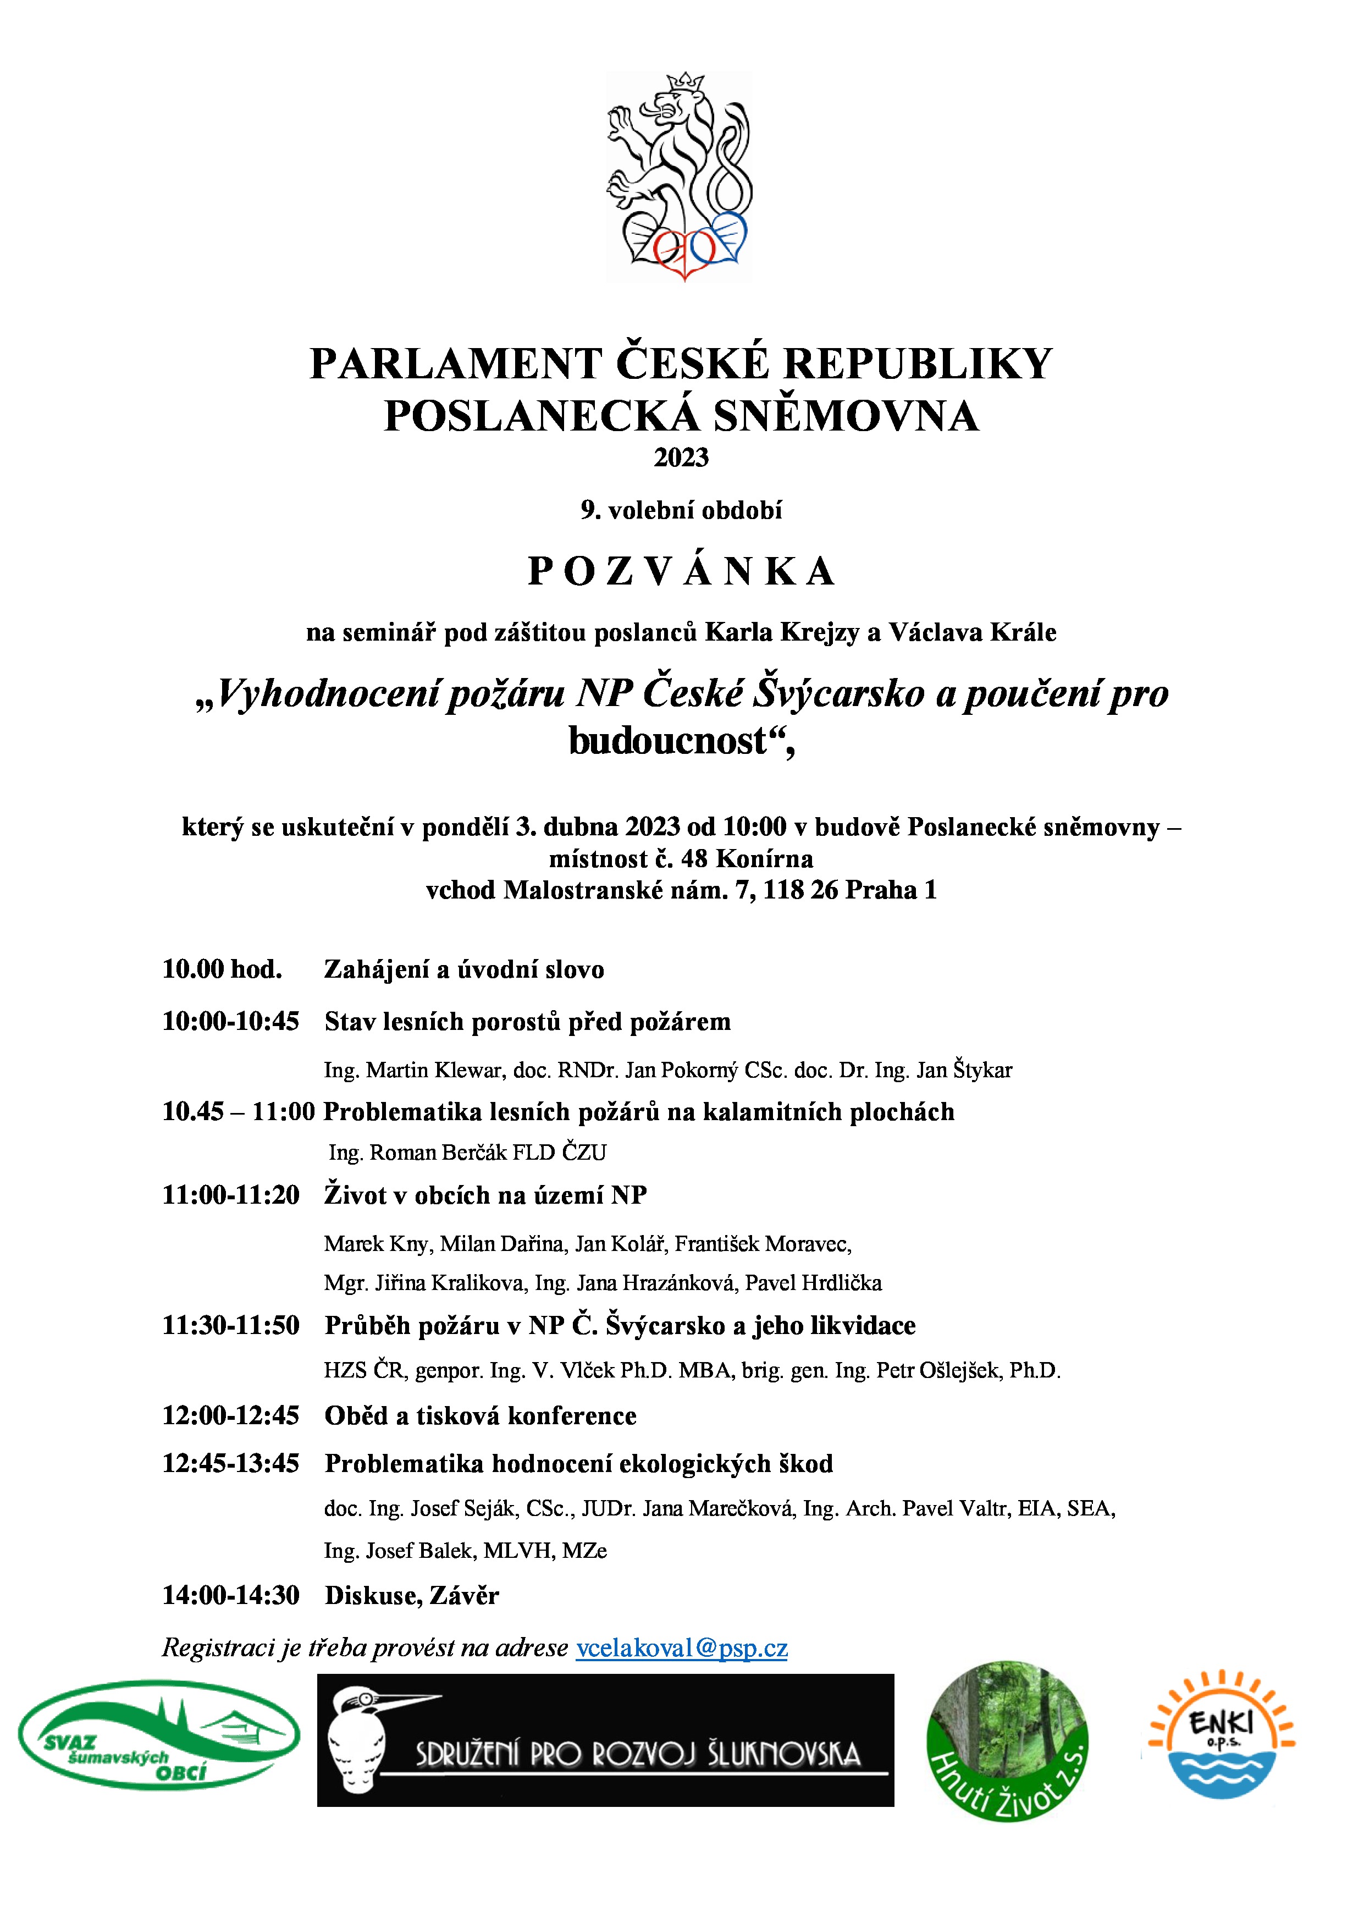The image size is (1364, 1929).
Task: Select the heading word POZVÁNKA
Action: point(681,572)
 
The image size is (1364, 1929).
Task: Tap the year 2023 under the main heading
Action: point(681,458)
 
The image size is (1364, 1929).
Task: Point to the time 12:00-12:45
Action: point(231,1415)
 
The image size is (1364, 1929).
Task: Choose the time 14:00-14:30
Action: point(231,1595)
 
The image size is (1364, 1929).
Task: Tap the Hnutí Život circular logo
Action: point(1007,1741)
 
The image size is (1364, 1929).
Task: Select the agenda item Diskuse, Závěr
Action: point(412,1595)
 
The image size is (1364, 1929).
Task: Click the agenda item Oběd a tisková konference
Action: point(481,1415)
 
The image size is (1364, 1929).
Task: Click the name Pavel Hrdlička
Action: point(813,1282)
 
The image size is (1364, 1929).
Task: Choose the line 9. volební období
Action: point(681,510)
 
